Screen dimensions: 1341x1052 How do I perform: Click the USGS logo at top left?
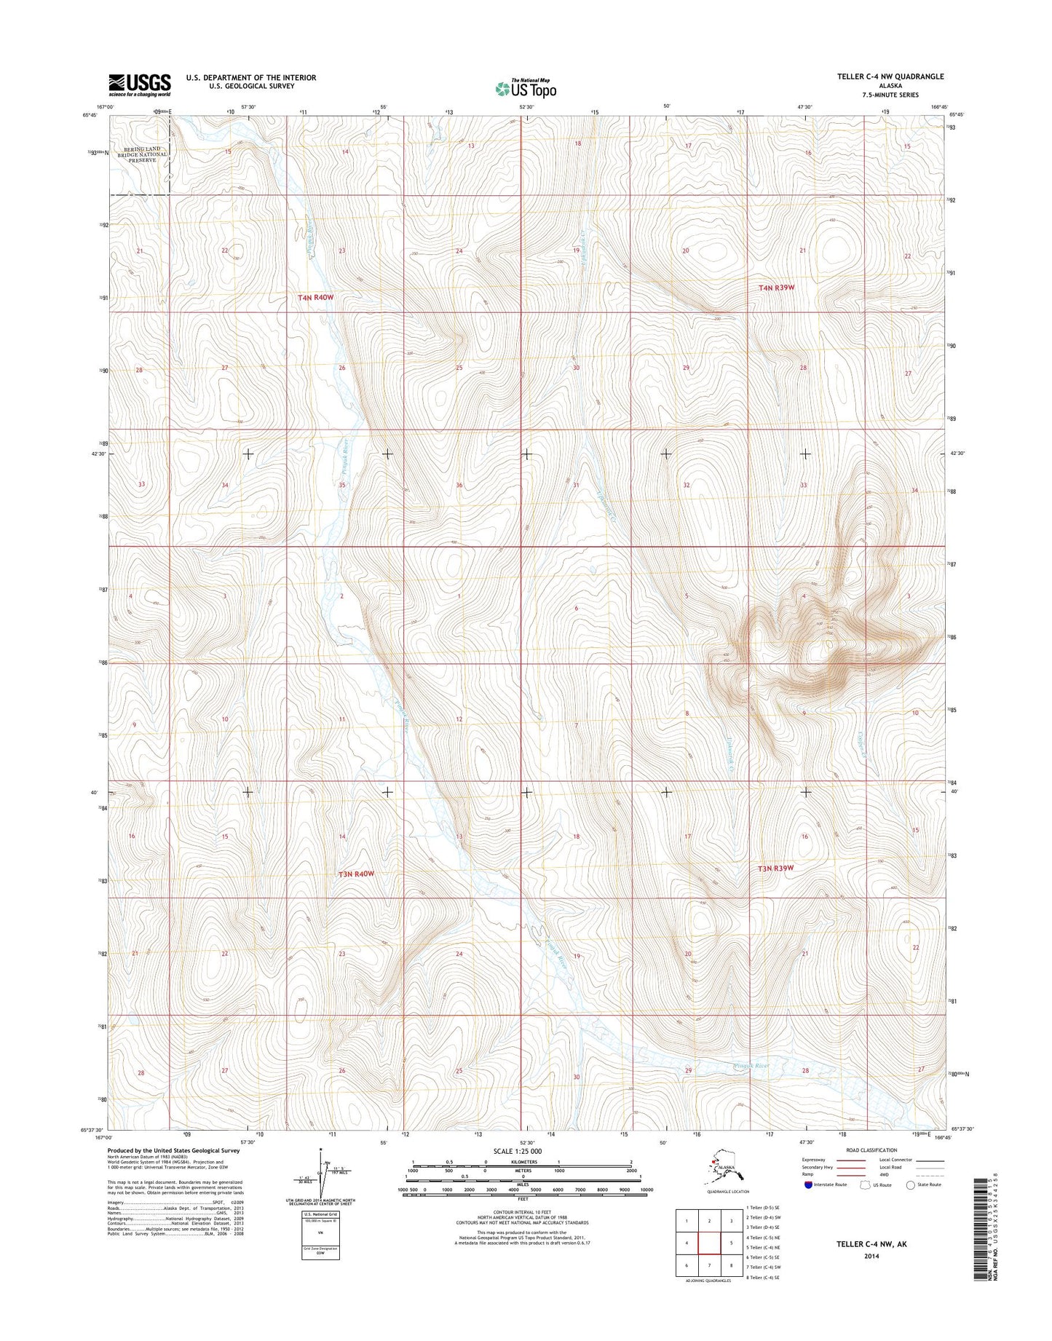tap(140, 84)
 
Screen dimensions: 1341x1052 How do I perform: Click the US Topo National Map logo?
tap(526, 88)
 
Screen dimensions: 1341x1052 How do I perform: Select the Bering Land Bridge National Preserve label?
tap(146, 154)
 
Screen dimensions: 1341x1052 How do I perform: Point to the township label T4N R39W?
tap(775, 288)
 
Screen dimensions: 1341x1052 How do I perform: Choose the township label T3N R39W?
tap(775, 868)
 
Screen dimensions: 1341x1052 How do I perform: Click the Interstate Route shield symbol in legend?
tap(809, 1184)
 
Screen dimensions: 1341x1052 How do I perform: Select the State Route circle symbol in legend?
tap(910, 1184)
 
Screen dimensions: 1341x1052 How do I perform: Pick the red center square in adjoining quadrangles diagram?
tap(708, 1243)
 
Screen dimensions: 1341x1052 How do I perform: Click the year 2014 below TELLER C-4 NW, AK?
tap(871, 1255)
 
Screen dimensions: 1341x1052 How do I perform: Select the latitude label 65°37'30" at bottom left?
tap(96, 1130)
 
